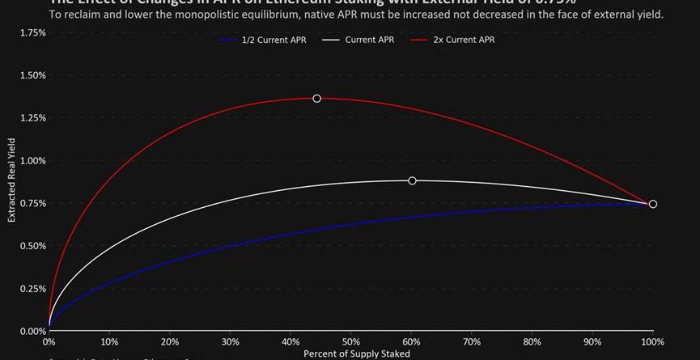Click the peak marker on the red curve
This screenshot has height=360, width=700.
coord(316,99)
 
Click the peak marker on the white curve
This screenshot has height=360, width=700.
coord(412,180)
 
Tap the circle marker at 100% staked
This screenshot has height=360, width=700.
coord(653,204)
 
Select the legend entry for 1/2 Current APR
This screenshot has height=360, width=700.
coord(260,40)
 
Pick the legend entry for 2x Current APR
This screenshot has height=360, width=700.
coord(452,40)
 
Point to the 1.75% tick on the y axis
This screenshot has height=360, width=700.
coord(32,32)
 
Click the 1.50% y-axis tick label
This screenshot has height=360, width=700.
coord(32,75)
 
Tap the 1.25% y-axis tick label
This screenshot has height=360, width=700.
coord(32,118)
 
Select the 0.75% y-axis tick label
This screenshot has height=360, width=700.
coord(32,203)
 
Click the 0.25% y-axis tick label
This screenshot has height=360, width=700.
coord(32,289)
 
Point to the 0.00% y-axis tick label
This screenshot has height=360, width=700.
coord(32,331)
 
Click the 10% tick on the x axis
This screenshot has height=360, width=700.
coord(109,342)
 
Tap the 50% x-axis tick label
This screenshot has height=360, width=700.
coord(351,342)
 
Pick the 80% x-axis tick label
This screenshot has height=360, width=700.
coord(532,342)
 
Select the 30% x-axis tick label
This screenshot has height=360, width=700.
coord(231,342)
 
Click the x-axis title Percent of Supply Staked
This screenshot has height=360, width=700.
coord(356,354)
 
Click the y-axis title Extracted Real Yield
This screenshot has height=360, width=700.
coord(11,180)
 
